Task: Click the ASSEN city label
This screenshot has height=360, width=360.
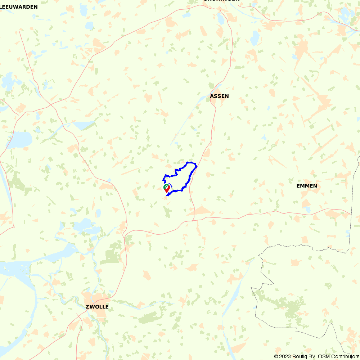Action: (219, 96)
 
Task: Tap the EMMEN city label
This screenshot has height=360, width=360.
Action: (307, 186)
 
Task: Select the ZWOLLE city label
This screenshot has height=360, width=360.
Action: (97, 307)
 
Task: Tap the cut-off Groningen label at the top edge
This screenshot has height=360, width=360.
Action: (221, 1)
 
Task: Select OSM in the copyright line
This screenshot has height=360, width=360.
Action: (320, 356)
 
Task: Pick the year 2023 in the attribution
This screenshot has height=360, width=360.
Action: (283, 356)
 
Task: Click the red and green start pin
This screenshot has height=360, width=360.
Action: (167, 188)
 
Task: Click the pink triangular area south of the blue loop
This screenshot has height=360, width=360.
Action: (200, 211)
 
